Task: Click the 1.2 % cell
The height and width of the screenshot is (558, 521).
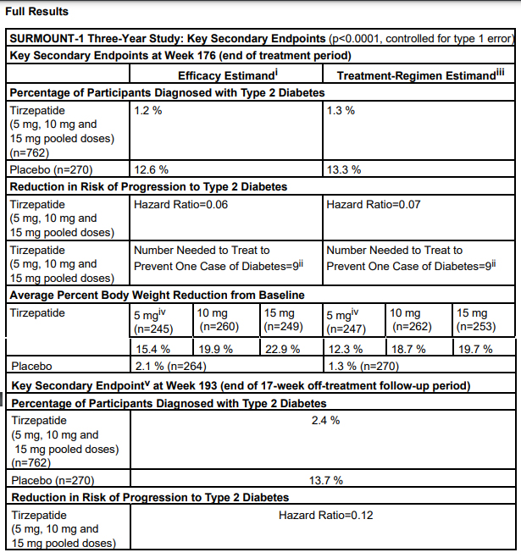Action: click(x=147, y=111)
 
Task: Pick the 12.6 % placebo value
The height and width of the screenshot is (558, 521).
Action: click(x=151, y=169)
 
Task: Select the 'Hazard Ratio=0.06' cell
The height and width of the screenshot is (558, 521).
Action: click(x=180, y=204)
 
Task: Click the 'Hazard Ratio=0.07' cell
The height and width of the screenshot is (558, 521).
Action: click(x=373, y=204)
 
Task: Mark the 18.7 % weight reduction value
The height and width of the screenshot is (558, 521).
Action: click(x=407, y=349)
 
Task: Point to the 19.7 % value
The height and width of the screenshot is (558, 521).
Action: click(x=472, y=349)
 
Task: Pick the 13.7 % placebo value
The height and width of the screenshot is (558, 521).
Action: click(x=325, y=480)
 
